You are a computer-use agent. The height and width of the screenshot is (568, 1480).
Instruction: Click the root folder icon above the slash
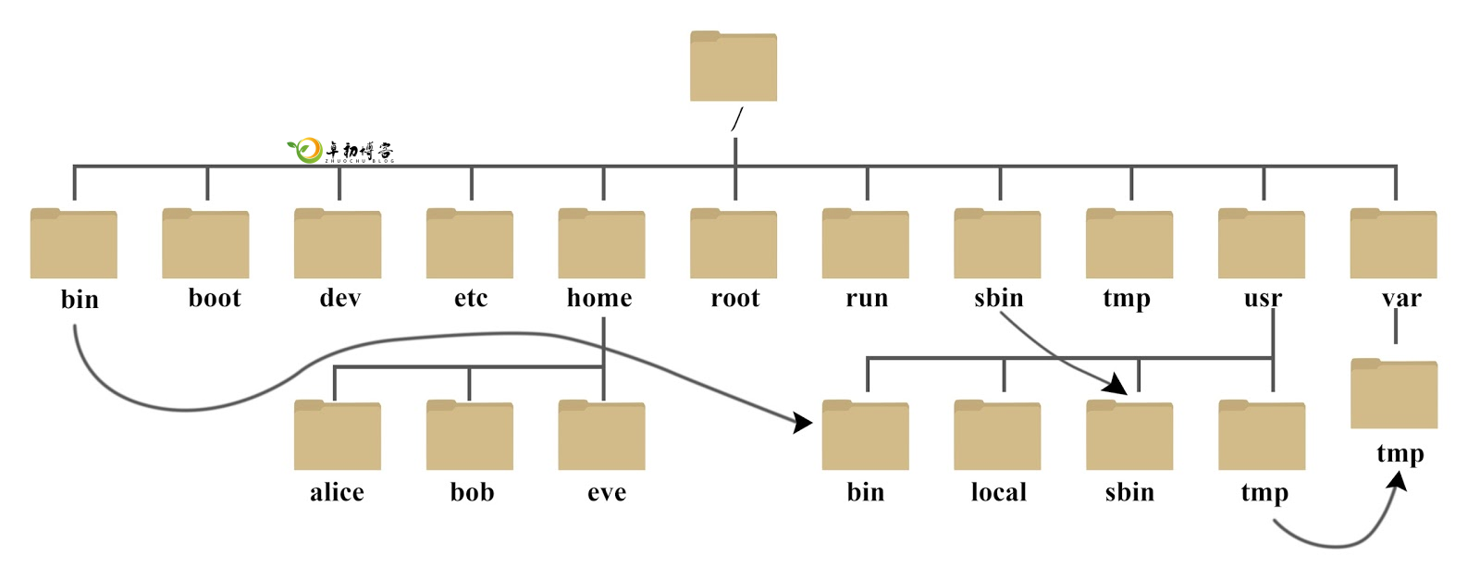click(733, 67)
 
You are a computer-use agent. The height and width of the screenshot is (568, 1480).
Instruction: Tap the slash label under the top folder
click(736, 119)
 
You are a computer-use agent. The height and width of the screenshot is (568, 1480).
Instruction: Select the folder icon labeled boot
click(205, 244)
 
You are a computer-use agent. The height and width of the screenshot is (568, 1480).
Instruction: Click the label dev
click(339, 298)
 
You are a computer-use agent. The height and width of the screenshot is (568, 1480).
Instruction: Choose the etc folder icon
click(469, 244)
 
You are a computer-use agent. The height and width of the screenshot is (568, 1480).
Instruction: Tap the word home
click(599, 298)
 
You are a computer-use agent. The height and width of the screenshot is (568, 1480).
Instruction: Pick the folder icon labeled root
click(733, 244)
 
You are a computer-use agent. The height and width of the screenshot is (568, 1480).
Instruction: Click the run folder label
click(866, 298)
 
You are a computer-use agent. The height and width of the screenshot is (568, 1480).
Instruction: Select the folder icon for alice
click(337, 436)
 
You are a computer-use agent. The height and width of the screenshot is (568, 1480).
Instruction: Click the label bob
click(472, 492)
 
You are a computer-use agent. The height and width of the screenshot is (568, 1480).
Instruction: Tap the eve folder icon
click(601, 436)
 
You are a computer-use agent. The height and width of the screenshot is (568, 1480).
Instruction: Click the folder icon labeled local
click(997, 436)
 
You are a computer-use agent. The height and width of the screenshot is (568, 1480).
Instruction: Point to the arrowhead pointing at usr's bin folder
click(802, 423)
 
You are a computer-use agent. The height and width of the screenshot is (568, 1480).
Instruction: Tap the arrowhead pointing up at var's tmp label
click(1398, 483)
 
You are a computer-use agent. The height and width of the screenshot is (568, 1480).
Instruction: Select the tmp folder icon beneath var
click(1393, 394)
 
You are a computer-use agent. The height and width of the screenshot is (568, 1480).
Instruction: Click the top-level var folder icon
click(1393, 244)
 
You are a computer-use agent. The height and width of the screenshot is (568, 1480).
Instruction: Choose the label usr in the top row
click(1262, 298)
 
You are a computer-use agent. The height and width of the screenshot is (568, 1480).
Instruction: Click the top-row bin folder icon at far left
click(73, 244)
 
